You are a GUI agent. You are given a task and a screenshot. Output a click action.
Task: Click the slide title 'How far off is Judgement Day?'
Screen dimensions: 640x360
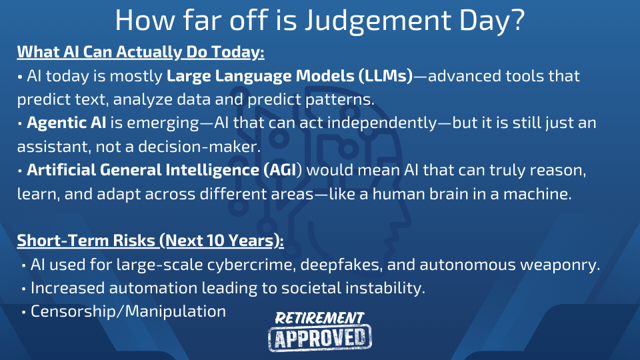[x=319, y=21]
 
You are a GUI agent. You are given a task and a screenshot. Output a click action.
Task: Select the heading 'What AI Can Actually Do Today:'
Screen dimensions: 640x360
[x=141, y=52]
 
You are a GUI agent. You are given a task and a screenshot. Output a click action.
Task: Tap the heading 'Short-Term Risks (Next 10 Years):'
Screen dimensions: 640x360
[x=150, y=241]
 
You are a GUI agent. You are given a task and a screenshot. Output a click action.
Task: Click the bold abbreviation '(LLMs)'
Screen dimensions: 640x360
[x=386, y=76]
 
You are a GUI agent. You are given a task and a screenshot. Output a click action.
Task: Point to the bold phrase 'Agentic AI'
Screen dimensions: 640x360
[x=66, y=123]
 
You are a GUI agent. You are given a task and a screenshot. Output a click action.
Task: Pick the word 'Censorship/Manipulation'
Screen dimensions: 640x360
[x=128, y=311]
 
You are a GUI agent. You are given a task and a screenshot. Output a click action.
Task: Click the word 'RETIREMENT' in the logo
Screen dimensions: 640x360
[x=319, y=318]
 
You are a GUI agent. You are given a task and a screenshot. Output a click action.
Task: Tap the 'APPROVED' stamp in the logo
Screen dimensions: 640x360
[x=320, y=337]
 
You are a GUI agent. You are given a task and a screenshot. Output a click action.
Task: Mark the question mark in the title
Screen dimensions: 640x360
[x=517, y=19]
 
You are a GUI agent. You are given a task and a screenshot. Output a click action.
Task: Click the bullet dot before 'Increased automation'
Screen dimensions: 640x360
[x=24, y=289]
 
